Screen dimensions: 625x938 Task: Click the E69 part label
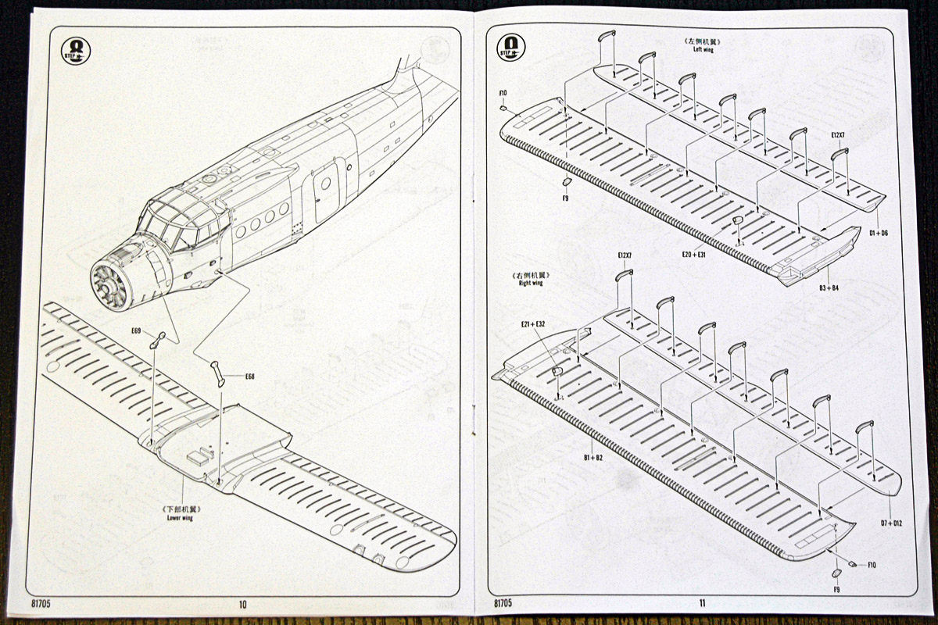[136, 331]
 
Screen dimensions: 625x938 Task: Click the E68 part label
[250, 377]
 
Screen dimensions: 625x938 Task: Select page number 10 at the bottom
[242, 604]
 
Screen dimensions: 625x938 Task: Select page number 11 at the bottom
[702, 603]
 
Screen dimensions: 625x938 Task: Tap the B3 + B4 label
[829, 287]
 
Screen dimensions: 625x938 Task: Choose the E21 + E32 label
[533, 323]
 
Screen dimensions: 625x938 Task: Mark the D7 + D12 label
[891, 523]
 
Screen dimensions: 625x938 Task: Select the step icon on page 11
[511, 47]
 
